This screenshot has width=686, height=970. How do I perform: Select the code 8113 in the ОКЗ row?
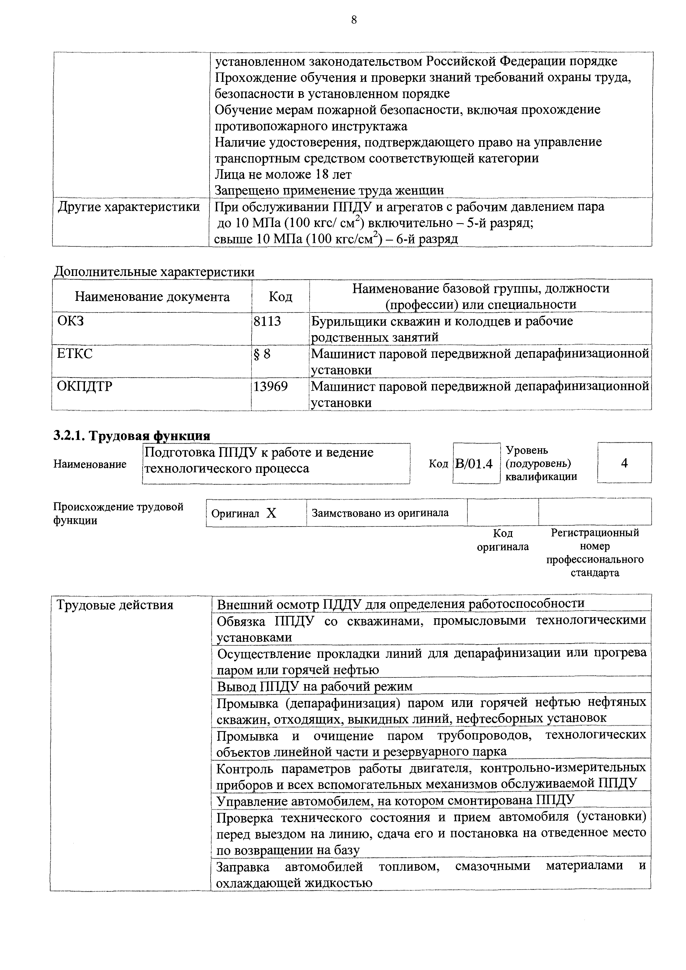point(267,321)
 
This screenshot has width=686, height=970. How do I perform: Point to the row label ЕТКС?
point(75,353)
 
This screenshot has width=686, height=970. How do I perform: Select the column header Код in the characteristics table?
point(280,297)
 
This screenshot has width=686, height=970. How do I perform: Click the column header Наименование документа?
point(152,297)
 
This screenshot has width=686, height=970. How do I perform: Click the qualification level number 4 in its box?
point(624,463)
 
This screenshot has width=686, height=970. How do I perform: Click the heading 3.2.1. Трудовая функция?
point(132,435)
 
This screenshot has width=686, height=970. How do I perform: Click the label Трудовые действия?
point(115,605)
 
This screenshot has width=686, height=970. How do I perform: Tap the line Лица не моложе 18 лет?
point(283,174)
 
